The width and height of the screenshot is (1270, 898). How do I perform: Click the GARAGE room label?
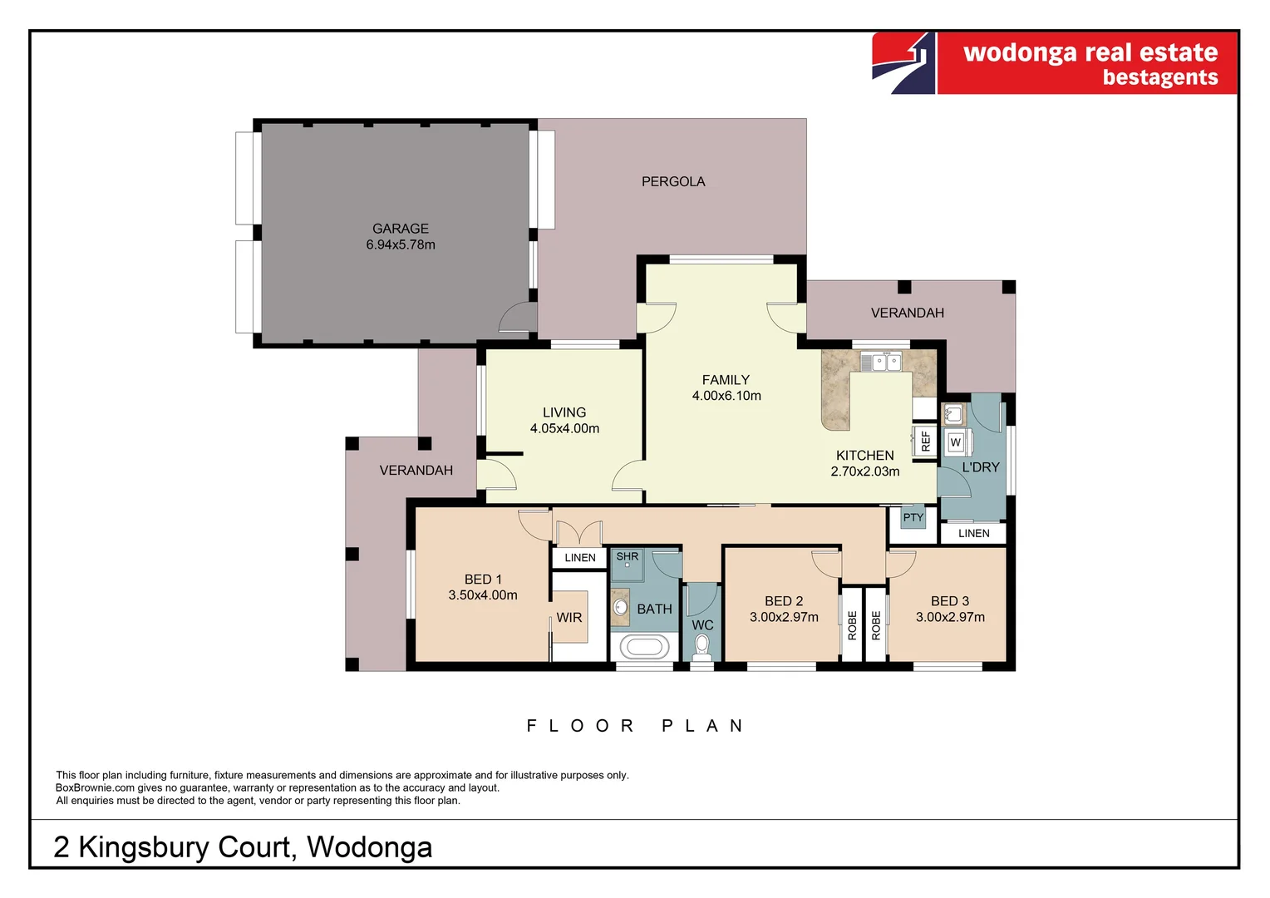pos(401,229)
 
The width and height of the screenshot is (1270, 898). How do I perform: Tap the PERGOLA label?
pos(673,181)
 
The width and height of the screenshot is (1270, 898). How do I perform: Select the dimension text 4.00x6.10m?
pos(726,396)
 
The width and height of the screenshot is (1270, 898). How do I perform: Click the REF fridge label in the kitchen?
pos(926,441)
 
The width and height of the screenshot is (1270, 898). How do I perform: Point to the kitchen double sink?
pos(880,363)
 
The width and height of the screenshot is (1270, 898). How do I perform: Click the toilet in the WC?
pos(702,644)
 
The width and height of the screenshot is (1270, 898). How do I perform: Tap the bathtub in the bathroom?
pos(644,647)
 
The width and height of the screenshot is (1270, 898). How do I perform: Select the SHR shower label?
pos(628,556)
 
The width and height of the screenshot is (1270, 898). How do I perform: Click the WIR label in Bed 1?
pos(569,618)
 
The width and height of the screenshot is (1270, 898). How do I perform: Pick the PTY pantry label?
pos(913,517)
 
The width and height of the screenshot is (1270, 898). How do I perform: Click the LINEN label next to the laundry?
pos(973,533)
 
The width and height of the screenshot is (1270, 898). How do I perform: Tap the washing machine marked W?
pos(956,442)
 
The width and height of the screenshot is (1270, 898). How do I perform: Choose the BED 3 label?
pos(950,601)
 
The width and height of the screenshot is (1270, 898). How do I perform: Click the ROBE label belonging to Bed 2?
pos(852,625)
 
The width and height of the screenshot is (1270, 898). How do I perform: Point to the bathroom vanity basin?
pos(621,607)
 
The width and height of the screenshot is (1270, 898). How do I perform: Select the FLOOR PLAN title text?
pos(635,726)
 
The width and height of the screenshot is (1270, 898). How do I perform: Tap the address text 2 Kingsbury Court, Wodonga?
pos(243,846)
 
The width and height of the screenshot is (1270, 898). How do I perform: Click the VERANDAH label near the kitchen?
pos(907,313)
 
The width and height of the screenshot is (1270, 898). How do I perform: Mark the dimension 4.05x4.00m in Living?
pos(564,428)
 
